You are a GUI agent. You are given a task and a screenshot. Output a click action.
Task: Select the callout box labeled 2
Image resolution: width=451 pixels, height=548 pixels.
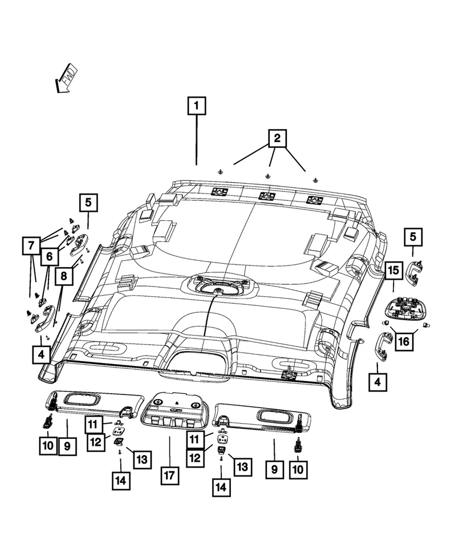277,138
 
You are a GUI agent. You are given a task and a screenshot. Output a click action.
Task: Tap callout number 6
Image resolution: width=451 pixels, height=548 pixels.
49,257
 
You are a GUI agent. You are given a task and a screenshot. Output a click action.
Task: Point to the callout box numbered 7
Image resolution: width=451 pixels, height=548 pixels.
31,247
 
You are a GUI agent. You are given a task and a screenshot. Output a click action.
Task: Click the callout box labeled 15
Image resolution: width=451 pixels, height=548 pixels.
393,271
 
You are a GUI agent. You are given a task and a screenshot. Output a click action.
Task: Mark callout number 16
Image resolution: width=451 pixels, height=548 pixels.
404,341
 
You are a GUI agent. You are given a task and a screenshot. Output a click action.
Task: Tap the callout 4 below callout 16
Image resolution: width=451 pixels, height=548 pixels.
377,382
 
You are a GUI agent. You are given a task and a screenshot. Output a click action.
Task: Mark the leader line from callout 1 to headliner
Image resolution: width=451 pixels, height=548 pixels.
196,140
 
